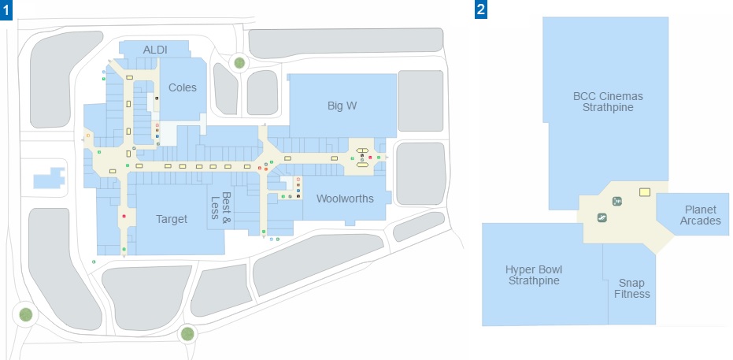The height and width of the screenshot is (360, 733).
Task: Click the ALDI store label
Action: [x=155, y=50]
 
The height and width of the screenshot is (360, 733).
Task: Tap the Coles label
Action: [x=183, y=87]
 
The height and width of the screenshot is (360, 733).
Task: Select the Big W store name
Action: [x=342, y=106]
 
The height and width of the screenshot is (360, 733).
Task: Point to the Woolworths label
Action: [x=345, y=199]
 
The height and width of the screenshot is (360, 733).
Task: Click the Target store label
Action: [x=172, y=219]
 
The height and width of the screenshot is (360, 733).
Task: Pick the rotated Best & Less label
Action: [x=220, y=206]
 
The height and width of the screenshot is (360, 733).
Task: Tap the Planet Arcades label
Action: [x=700, y=215]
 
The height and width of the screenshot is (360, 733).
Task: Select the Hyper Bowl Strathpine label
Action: [x=534, y=275]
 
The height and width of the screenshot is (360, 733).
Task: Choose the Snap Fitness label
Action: [x=632, y=288]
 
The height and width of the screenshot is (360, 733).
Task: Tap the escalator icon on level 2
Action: [x=602, y=217]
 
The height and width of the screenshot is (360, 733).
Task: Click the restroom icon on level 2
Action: [x=617, y=202]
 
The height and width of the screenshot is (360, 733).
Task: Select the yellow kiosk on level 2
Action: [x=645, y=191]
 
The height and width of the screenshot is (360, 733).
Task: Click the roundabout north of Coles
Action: [x=239, y=63]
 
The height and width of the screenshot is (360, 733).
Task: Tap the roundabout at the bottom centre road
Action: [x=187, y=334]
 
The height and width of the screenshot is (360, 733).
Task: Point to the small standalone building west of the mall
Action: [x=49, y=178]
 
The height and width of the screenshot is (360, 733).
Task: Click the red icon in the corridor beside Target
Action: [x=124, y=216]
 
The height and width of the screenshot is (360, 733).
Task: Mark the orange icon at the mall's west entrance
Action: [x=87, y=136]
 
